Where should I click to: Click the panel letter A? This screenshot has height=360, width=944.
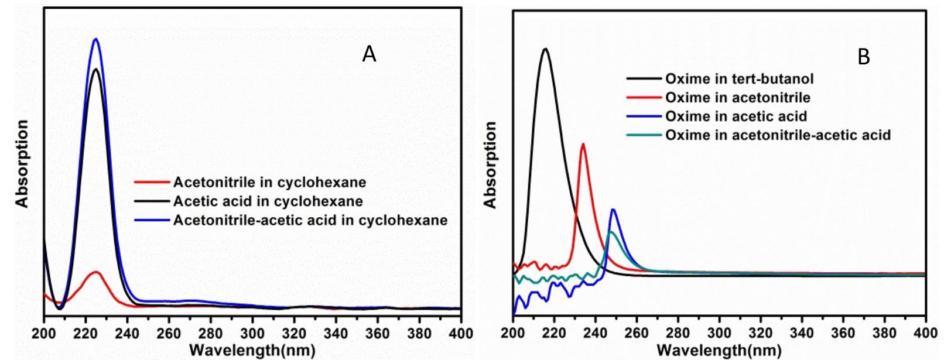tap(368, 54)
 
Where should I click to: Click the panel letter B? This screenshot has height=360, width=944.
tap(864, 57)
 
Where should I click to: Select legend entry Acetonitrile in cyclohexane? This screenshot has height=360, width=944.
tap(269, 182)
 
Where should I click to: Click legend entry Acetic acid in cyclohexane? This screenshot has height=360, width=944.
tap(268, 202)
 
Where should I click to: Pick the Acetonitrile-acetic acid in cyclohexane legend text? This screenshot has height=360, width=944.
tap(310, 221)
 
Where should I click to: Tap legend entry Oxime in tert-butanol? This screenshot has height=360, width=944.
tap(739, 78)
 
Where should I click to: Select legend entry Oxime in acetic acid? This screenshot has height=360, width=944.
tap(736, 116)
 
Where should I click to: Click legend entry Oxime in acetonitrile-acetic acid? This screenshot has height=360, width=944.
tap(778, 135)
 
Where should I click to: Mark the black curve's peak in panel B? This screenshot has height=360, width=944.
tap(545, 49)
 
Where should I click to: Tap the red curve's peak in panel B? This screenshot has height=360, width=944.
tap(583, 144)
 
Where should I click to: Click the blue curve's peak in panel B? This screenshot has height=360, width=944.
tap(613, 210)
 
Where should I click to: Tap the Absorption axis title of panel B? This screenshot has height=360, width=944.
tap(491, 164)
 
